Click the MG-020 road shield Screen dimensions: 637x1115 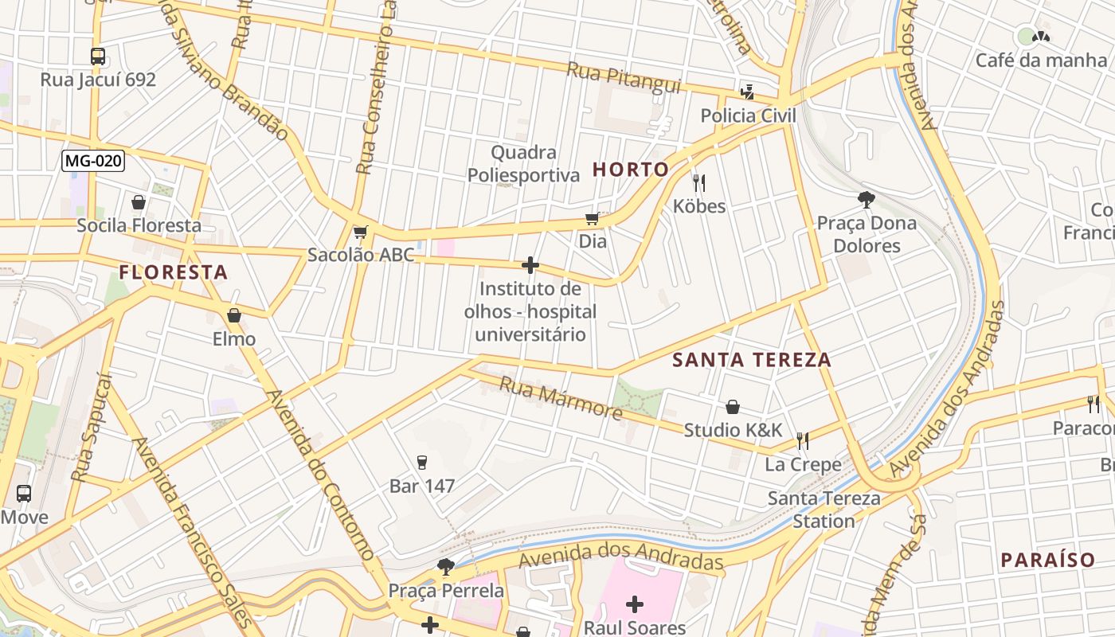point(93,161)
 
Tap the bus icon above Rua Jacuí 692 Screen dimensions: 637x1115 point(98,57)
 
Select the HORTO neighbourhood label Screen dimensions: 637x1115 point(631,169)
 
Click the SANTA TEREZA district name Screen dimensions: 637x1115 point(752,360)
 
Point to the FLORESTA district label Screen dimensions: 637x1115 point(174,272)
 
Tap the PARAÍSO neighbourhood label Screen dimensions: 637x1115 point(1048,560)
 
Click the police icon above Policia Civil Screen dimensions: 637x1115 point(747,90)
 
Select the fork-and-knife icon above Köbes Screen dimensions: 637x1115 point(699,183)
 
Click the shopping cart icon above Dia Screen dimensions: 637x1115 point(593,218)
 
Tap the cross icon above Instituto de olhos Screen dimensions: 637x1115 point(530,265)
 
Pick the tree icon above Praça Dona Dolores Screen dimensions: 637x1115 point(867,200)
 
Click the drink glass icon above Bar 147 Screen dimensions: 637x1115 point(422,463)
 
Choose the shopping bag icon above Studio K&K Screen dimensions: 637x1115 point(733,407)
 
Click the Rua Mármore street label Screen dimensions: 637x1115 point(561,398)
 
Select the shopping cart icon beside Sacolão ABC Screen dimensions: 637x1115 point(361,233)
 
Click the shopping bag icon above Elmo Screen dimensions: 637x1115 point(233,316)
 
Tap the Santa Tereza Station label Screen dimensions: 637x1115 point(824,510)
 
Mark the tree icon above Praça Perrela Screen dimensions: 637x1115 point(446,567)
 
